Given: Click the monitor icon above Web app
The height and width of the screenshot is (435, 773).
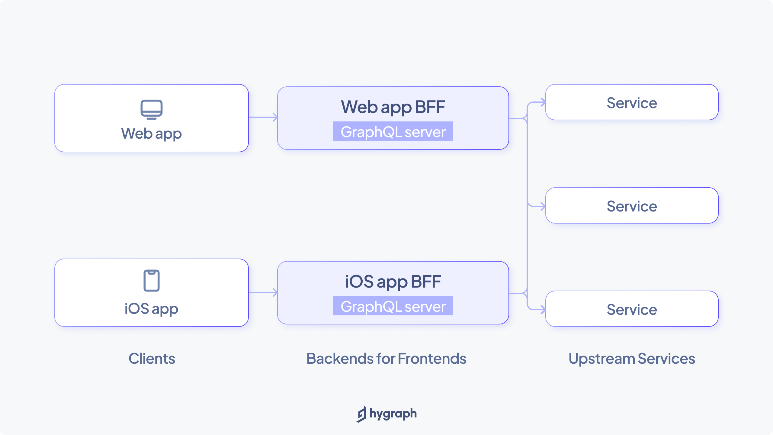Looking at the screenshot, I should click(152, 109).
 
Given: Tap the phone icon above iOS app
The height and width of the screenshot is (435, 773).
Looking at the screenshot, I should click(152, 281).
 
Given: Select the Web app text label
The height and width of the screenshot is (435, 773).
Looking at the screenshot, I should click(152, 134).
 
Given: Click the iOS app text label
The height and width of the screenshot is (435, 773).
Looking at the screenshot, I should click(152, 309).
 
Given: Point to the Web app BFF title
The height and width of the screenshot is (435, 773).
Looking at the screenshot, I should click(393, 107).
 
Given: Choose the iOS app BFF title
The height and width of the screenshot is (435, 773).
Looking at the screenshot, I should click(393, 282).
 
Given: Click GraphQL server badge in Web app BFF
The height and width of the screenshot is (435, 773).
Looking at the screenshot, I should click(393, 131).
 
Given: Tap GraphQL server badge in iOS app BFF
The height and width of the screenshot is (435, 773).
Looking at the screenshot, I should click(393, 306).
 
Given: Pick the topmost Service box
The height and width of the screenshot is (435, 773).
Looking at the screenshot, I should click(632, 102).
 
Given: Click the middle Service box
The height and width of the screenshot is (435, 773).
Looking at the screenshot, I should click(632, 206).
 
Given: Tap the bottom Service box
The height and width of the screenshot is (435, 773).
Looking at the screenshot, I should click(632, 309).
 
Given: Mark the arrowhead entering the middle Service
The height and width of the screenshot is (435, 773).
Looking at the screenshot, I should click(543, 207).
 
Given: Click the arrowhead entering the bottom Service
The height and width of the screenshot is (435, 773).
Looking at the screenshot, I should click(543, 310).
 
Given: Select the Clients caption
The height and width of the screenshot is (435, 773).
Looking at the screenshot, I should click(152, 359).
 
